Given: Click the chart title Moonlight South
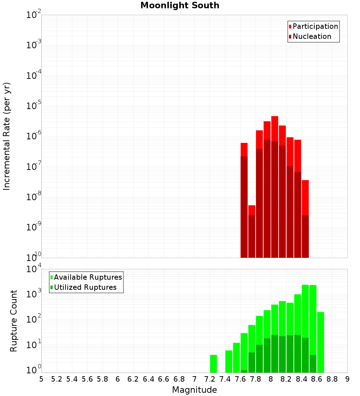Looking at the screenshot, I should tap(180, 5).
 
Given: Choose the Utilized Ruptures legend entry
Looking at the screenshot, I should tap(85, 287).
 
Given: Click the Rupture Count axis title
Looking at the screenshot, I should tap(14, 320).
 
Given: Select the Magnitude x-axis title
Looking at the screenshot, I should tap(194, 390).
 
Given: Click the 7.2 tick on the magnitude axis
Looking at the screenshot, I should tap(210, 379).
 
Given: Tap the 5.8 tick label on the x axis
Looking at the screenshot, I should tap(103, 379).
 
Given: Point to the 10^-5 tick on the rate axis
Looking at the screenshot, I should tap(34, 106).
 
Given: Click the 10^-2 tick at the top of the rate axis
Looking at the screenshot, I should tap(34, 15).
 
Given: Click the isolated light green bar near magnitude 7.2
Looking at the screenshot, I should tap(213, 364).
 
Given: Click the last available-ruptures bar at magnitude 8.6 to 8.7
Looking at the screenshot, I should tap(320, 342).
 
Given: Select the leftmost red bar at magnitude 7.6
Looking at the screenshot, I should tap(244, 149).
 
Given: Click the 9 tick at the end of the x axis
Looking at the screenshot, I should tap(347, 379).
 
